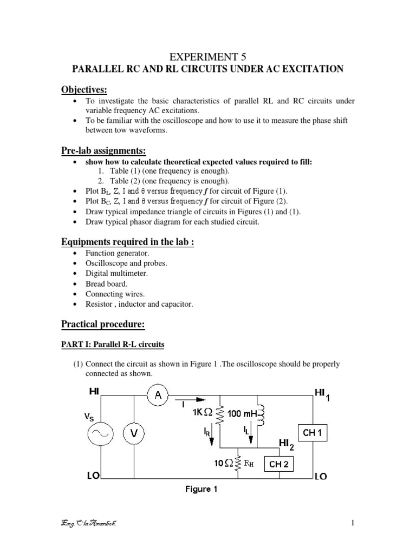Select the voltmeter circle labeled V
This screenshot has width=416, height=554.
pyautogui.click(x=133, y=433)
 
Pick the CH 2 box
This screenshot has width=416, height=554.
pyautogui.click(x=278, y=463)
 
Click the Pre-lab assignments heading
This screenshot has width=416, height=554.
pyautogui.click(x=104, y=150)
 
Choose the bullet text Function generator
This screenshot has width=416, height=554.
pyautogui.click(x=117, y=253)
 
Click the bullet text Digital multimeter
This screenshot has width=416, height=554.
pyautogui.click(x=116, y=273)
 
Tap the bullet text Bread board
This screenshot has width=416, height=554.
pyautogui.click(x=107, y=283)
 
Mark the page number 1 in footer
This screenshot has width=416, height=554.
pyautogui.click(x=352, y=523)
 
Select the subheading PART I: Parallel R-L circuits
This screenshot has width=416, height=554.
pyautogui.click(x=119, y=344)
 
